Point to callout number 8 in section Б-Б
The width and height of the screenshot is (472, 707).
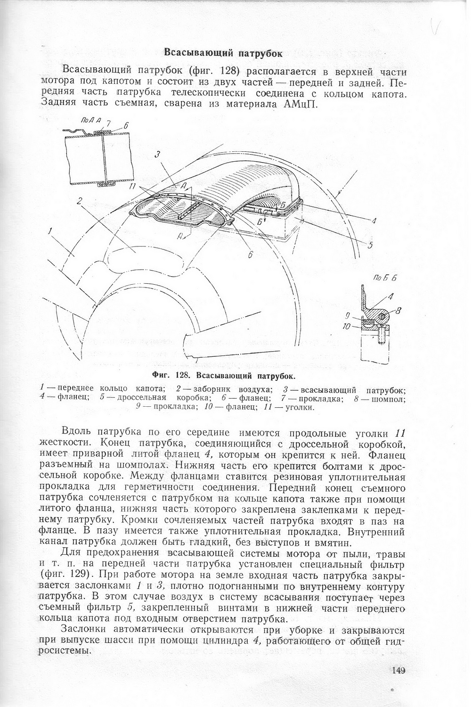pos(399,310)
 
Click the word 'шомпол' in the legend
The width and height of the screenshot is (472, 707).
pos(391,399)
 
